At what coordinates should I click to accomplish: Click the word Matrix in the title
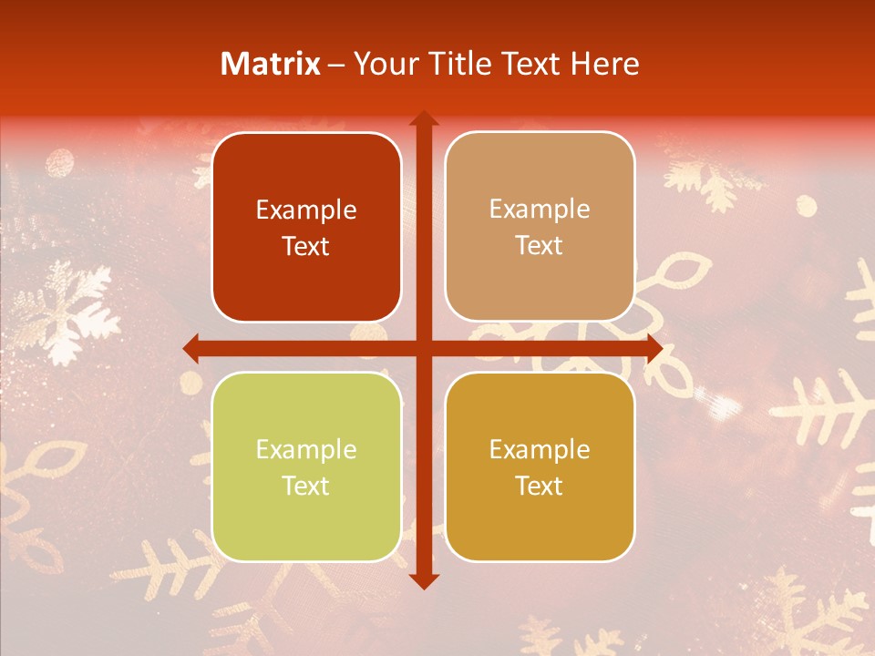(271, 64)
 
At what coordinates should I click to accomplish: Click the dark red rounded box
(306, 227)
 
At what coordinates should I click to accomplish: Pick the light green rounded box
(306, 466)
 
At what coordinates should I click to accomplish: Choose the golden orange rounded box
(540, 466)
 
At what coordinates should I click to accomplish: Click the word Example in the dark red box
(306, 210)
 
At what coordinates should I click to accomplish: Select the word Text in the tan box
(540, 245)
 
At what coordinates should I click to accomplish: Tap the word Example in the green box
(306, 450)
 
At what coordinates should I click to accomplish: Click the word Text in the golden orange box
(540, 486)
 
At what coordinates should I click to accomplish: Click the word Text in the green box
(306, 486)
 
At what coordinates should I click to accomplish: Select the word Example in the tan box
(540, 210)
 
